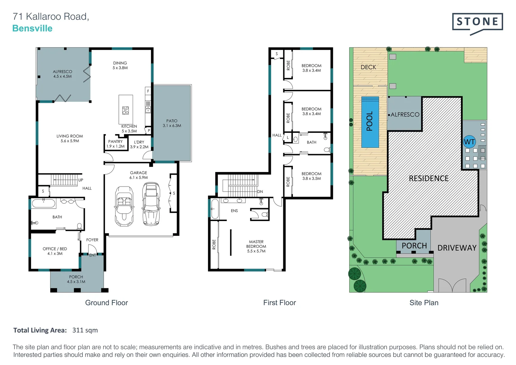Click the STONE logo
[x=477, y=22]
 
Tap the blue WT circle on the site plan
[x=469, y=142]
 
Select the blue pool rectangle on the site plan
[x=370, y=122]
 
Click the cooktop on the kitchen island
[x=125, y=110]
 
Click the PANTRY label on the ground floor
[x=115, y=142]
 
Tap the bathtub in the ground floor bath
[x=44, y=203]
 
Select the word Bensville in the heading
[x=32, y=28]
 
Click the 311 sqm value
[x=85, y=330]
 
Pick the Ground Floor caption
[x=106, y=303]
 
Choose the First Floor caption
[x=279, y=303]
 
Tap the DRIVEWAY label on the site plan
[x=457, y=248]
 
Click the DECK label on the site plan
[x=368, y=67]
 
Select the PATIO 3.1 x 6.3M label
[x=172, y=123]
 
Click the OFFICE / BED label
[x=55, y=249]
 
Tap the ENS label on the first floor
[x=234, y=211]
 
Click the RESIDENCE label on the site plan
[x=429, y=178]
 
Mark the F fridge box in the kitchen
[x=148, y=91]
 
